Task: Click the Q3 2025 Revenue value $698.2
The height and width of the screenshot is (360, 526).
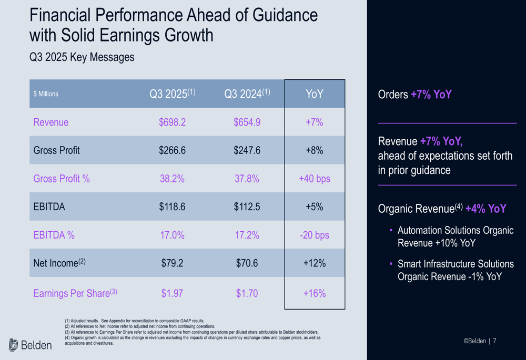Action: (x=172, y=122)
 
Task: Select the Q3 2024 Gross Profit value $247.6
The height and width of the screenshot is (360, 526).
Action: (x=247, y=150)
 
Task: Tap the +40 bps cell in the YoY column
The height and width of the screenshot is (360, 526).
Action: (x=315, y=179)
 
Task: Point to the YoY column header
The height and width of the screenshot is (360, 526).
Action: (x=315, y=94)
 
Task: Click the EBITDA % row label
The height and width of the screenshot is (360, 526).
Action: (x=54, y=235)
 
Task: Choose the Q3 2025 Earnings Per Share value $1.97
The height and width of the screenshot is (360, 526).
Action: (x=172, y=293)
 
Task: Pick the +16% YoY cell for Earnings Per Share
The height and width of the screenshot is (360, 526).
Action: (x=315, y=293)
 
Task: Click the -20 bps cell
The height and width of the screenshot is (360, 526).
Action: (x=315, y=235)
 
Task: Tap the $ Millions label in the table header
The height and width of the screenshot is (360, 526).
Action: (x=46, y=94)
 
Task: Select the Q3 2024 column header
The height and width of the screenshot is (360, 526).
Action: (x=247, y=94)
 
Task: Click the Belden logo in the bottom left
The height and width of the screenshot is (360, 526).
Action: (x=31, y=345)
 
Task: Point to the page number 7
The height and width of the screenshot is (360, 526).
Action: (x=494, y=341)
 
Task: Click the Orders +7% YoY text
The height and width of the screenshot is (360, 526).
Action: (x=414, y=95)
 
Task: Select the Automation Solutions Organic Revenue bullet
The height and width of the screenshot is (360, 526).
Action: (x=455, y=236)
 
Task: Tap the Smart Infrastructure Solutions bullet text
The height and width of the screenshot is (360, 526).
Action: (x=455, y=270)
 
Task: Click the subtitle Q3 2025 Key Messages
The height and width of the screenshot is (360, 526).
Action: (x=82, y=57)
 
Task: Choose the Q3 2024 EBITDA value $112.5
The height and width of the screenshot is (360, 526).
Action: (x=247, y=207)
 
